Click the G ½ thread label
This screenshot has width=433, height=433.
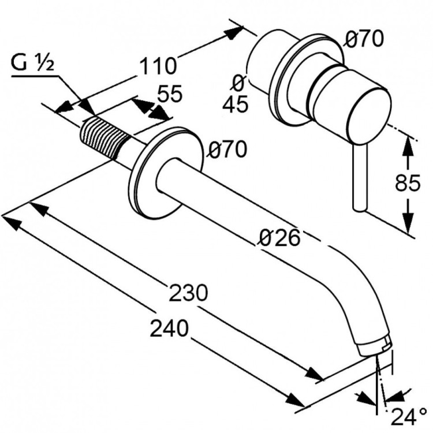(32, 64)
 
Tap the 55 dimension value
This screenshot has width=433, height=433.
(169, 94)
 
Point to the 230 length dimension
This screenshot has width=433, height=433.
(188, 293)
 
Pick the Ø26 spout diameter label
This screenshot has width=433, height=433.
(280, 237)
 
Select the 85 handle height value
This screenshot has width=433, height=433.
(408, 184)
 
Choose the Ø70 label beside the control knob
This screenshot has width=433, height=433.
(364, 39)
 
